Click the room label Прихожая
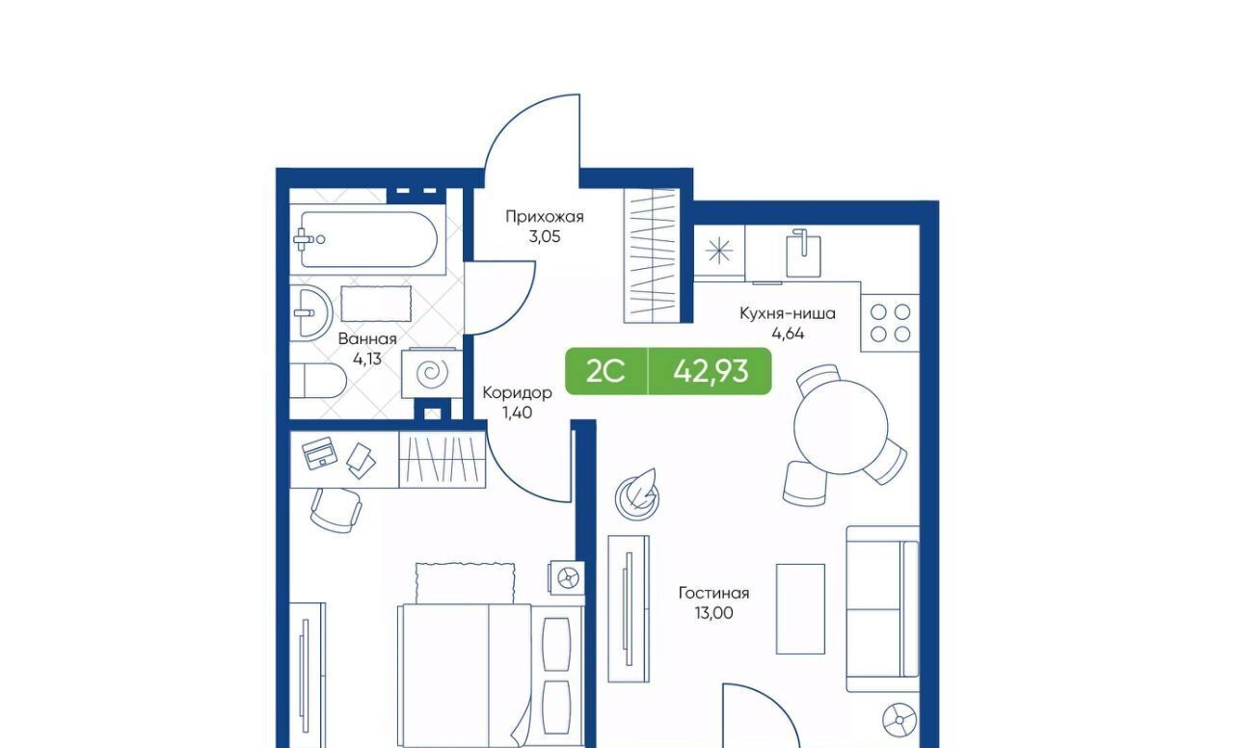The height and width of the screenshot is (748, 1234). (x=545, y=217)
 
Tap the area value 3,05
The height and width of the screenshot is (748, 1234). (x=545, y=237)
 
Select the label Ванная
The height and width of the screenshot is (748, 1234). (x=367, y=338)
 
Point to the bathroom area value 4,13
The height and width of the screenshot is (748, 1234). (x=367, y=360)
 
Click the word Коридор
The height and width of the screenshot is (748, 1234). (x=518, y=392)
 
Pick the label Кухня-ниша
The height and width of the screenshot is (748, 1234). (x=788, y=313)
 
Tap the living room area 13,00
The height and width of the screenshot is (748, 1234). (x=714, y=613)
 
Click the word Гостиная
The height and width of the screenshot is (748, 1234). (x=714, y=593)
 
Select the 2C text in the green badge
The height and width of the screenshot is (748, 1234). (x=604, y=371)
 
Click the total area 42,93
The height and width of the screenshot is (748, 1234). (x=711, y=371)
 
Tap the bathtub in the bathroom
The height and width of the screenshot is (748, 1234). (x=367, y=240)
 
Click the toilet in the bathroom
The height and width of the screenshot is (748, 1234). (x=318, y=381)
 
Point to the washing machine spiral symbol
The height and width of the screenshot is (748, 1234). (x=432, y=374)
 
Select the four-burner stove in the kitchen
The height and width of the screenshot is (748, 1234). (x=890, y=323)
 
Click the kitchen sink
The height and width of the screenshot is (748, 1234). (x=803, y=254)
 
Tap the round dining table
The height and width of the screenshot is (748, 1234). (x=841, y=427)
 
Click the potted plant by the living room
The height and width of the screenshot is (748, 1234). (x=637, y=494)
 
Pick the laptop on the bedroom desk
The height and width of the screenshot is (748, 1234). (x=319, y=453)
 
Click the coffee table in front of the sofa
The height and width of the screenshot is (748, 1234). (x=800, y=608)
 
